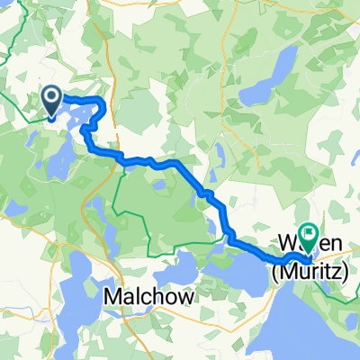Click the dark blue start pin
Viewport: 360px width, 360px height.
[51, 102]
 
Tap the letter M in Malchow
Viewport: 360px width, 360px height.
[112, 295]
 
